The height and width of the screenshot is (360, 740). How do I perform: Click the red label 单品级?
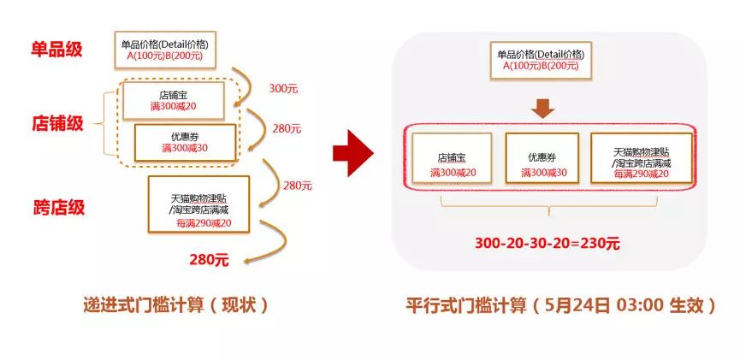pos(56,49)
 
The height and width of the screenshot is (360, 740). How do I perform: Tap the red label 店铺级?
pos(56,123)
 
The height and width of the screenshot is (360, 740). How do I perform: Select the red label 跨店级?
pos(59,207)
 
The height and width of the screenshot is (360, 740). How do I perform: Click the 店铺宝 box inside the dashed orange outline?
pos(173,101)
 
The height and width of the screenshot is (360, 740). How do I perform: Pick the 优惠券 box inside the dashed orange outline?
pos(185,143)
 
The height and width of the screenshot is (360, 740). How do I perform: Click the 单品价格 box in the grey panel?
pos(541,60)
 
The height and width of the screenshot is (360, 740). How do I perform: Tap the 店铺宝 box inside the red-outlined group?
pos(452,157)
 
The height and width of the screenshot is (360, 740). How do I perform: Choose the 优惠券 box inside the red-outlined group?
pos(542,157)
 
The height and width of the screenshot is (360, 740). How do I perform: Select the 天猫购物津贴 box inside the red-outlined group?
pos(642,157)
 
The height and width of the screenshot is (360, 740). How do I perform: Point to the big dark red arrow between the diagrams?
pos(353,153)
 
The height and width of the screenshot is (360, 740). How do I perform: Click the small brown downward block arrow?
pos(542,108)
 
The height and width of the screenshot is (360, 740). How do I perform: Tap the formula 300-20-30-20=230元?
pos(547,243)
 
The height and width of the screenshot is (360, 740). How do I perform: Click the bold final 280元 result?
pos(209,259)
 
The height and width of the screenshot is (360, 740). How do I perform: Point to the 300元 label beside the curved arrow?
pos(284,88)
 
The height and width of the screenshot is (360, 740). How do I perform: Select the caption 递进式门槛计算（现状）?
pos(175,305)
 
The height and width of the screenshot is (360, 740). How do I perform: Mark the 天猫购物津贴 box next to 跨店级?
pos(198,204)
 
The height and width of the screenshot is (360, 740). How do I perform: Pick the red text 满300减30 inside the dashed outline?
pos(185,148)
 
